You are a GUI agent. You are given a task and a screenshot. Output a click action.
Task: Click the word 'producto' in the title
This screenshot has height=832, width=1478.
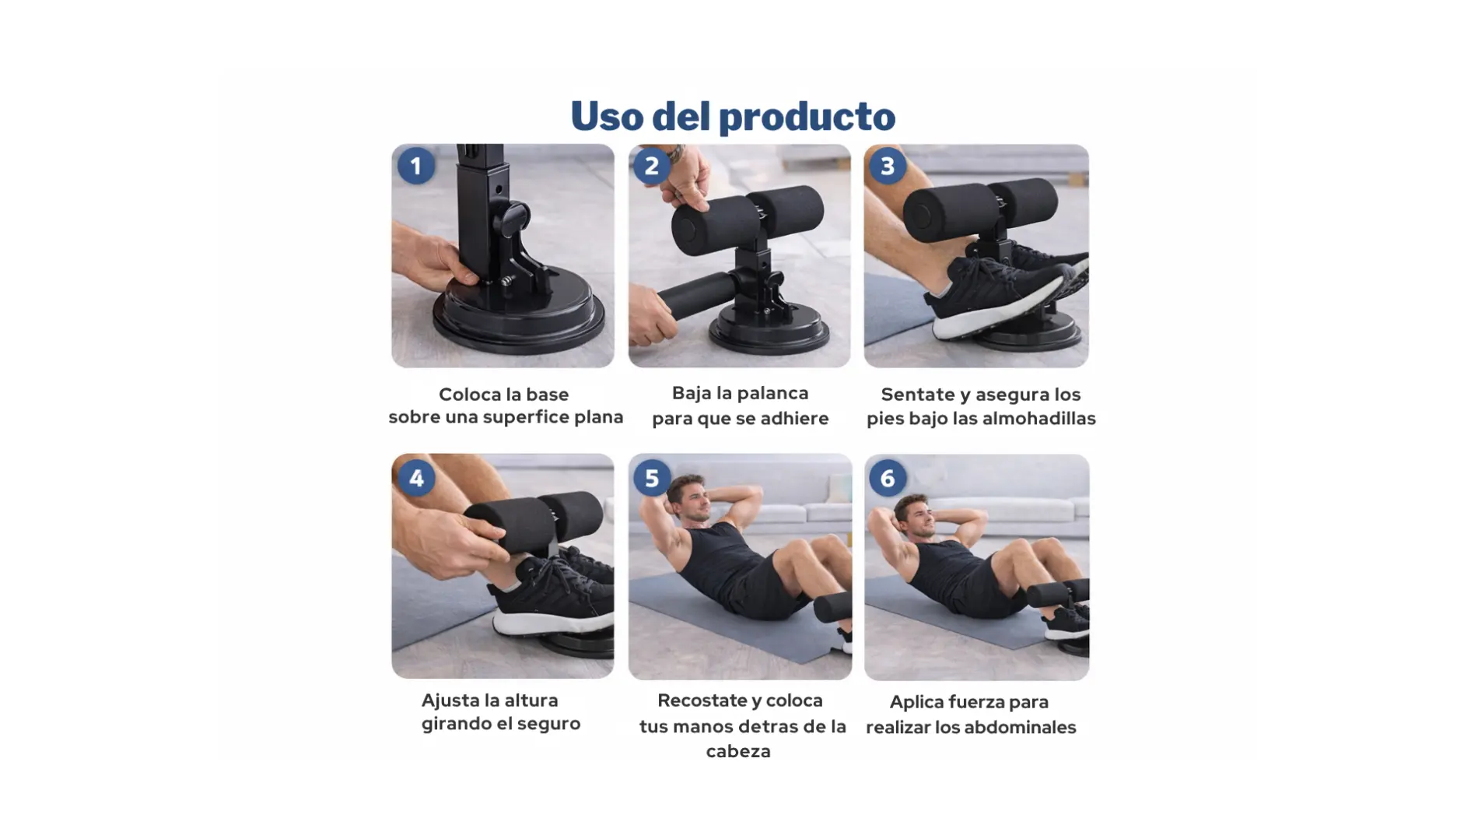(x=807, y=117)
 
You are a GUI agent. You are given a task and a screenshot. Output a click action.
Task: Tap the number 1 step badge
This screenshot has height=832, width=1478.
(x=416, y=166)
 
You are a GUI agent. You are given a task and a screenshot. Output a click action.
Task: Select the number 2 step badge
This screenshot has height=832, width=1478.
(x=652, y=166)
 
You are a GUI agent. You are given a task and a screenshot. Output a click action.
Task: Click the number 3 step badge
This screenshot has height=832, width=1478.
(x=888, y=166)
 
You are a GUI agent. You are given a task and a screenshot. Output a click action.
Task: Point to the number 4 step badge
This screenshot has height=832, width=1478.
(x=416, y=478)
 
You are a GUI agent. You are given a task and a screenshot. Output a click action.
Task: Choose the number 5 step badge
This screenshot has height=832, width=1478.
(x=652, y=478)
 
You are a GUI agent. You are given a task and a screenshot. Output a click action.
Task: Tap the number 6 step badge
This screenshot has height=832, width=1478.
(x=888, y=478)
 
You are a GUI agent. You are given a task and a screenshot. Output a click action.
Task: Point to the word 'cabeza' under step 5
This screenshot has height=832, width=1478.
(x=738, y=751)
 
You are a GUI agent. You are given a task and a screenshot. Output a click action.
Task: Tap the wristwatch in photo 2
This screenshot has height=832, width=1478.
(x=675, y=153)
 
